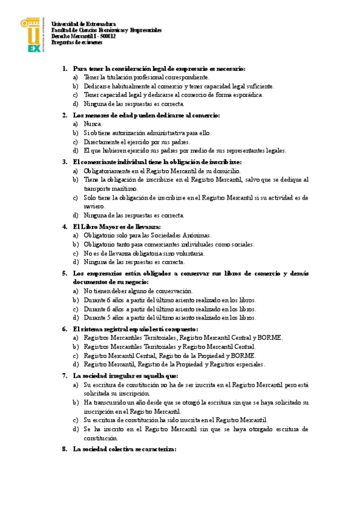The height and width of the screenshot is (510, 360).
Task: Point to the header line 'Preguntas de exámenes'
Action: point(76,42)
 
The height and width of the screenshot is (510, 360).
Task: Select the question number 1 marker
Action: point(65,69)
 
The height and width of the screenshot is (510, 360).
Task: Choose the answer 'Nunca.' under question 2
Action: point(93,124)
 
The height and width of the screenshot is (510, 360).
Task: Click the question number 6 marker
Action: point(65,329)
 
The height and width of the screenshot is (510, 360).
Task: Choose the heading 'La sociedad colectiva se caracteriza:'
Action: point(124,449)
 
